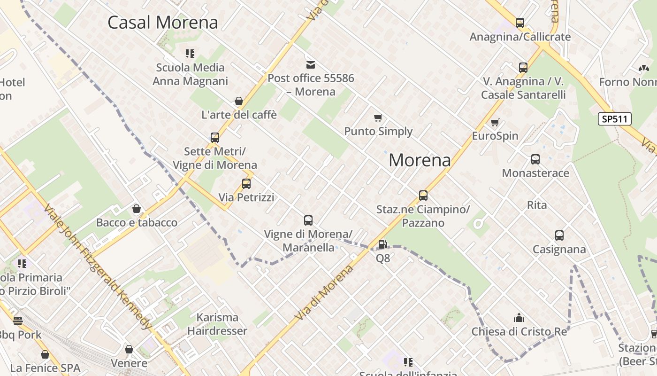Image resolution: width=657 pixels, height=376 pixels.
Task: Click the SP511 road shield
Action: click(x=614, y=119)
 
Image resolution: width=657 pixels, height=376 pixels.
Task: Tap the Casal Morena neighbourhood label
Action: click(x=163, y=22)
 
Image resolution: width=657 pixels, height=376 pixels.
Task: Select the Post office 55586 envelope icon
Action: click(x=311, y=64)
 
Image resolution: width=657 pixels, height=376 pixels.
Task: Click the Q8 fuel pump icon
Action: click(x=383, y=244)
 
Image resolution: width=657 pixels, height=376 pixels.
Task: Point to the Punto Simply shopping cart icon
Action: click(x=378, y=117)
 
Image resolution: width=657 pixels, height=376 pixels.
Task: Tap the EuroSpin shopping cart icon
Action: click(x=495, y=123)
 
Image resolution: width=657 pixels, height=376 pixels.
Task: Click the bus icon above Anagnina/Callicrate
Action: click(x=520, y=23)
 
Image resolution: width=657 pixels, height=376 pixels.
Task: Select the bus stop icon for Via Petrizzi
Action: click(x=246, y=184)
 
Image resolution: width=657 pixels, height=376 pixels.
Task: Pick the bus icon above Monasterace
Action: click(x=535, y=159)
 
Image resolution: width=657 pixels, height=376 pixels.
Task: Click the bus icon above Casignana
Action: click(x=559, y=235)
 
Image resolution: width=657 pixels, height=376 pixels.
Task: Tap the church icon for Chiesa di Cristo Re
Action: click(x=519, y=318)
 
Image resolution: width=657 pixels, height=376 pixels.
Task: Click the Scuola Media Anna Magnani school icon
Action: click(x=190, y=54)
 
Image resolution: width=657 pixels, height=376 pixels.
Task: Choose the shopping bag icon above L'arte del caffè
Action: click(x=239, y=101)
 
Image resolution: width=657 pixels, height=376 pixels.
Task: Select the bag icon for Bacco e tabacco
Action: click(x=137, y=209)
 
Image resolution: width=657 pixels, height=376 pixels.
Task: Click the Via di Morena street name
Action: click(x=324, y=292)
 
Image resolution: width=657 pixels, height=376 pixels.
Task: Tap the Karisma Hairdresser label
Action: click(x=217, y=324)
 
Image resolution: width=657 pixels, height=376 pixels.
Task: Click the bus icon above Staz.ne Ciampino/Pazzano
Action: click(x=423, y=196)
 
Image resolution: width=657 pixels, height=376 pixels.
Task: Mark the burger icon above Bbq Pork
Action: click(x=18, y=321)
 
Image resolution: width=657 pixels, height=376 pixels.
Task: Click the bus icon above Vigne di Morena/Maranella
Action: click(x=308, y=220)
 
